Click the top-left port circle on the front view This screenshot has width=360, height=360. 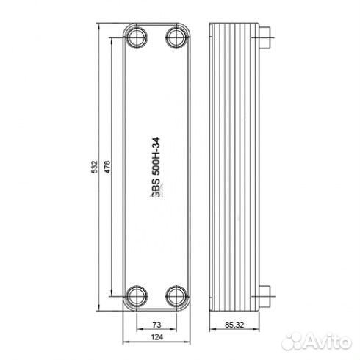click(x=136, y=37)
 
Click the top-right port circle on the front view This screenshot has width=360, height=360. click(x=175, y=37)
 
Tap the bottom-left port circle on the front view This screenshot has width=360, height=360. click(x=136, y=295)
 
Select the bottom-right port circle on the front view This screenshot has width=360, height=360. click(x=175, y=295)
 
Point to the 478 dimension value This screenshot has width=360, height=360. click(x=106, y=167)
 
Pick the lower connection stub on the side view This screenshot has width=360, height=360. click(x=268, y=295)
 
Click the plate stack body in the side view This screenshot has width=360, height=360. click(x=235, y=167)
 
